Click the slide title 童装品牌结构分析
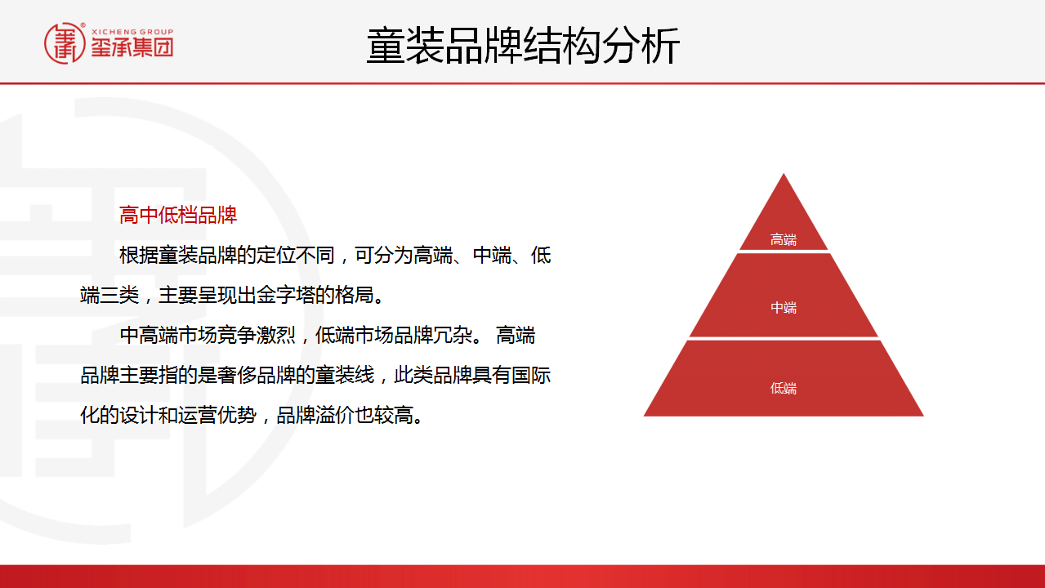[523, 46]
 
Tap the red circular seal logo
[65, 43]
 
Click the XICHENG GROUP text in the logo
[132, 32]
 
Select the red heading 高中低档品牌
[178, 215]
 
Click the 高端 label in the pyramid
[784, 239]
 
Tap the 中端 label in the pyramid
[784, 308]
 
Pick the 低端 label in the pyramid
[784, 388]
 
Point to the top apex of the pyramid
[784, 173]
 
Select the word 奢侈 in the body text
[236, 376]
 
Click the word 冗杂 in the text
[453, 336]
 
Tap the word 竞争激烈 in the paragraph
[256, 336]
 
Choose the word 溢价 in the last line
[334, 415]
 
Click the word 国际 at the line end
[531, 376]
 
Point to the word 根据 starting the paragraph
[139, 256]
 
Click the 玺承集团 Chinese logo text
[132, 47]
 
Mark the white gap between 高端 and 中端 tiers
[784, 252]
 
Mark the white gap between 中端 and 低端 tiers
[784, 339]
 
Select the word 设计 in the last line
[139, 415]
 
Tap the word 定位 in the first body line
[275, 256]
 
